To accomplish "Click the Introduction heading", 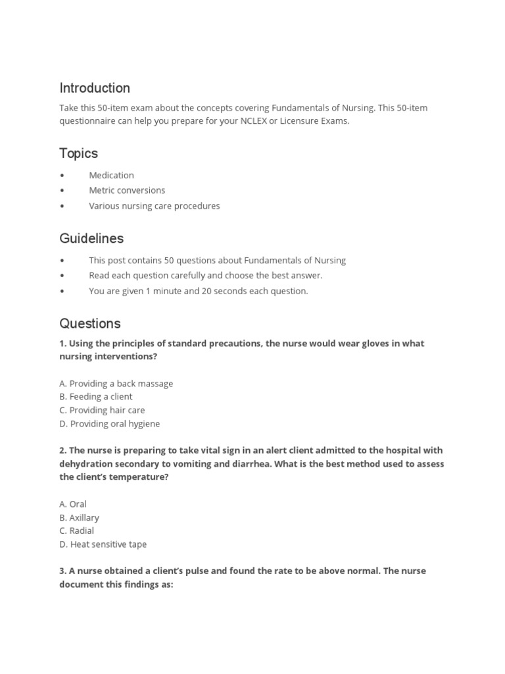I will pos(95,88).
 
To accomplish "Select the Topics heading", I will pos(78,153).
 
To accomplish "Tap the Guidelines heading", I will pos(91,238).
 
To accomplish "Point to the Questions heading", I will pos(90,323).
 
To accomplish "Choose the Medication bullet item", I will pos(111,175).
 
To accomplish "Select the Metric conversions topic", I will pos(127,190).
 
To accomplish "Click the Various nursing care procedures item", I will pos(155,205).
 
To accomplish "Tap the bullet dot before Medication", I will pos(62,176).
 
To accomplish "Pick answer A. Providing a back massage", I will pos(116,383).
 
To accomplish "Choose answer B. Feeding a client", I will pos(96,396).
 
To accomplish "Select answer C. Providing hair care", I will pos(102,410).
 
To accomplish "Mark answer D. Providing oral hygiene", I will pos(110,424).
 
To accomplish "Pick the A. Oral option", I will pos(73,504).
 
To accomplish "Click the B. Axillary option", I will pos(80,517).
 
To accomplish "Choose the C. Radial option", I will pos(77,531).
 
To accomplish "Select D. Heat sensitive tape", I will pos(103,544).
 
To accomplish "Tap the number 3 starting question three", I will pos(62,571).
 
